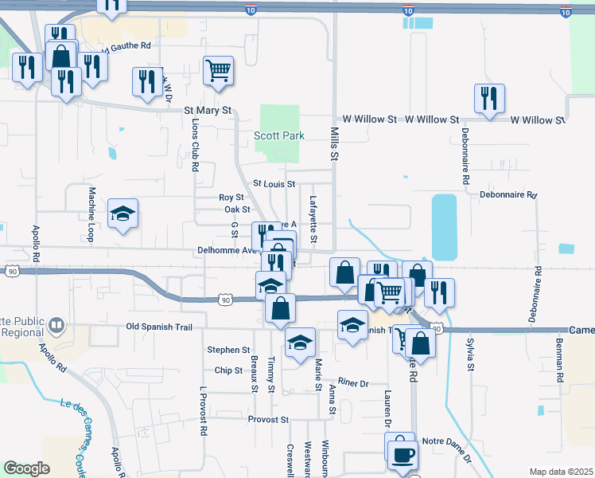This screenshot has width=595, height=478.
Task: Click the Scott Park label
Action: point(279,136)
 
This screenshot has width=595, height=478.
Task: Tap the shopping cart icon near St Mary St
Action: point(218,71)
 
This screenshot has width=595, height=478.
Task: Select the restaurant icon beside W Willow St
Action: point(488,99)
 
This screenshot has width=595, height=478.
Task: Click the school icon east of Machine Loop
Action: point(123,214)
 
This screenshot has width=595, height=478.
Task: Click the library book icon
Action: point(56,325)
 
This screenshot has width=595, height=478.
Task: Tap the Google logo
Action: point(27,468)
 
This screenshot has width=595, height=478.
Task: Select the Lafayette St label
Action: point(313,220)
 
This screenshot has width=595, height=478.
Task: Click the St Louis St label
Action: point(274,184)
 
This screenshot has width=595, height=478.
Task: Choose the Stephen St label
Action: point(228,350)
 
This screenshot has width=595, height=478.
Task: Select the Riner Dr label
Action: point(353,383)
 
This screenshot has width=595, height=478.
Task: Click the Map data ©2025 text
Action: point(560,472)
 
